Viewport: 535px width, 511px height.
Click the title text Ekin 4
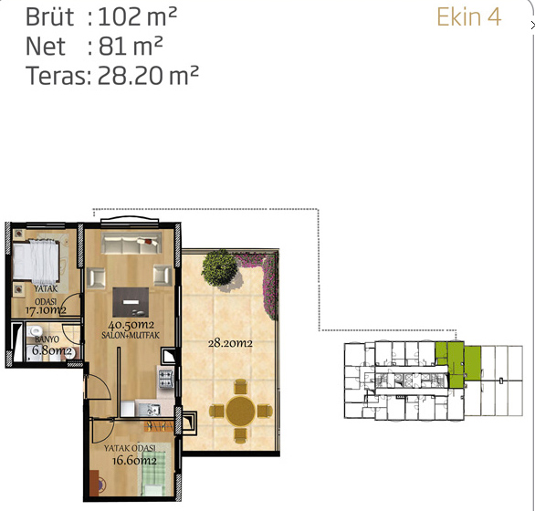[x=468, y=17]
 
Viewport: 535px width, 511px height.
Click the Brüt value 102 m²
[x=138, y=17]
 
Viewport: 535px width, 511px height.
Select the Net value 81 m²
[x=131, y=46]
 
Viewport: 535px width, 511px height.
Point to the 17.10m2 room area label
[x=46, y=310]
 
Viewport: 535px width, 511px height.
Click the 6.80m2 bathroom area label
[x=52, y=350]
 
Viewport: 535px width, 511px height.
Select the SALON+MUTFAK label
[x=131, y=335]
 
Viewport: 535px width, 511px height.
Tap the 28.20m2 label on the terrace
[x=230, y=343]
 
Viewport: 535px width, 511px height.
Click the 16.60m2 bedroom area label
[x=134, y=461]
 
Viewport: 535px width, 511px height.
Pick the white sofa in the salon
[x=131, y=243]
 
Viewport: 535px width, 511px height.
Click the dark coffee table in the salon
[x=131, y=302]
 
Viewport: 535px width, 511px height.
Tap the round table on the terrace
[x=240, y=411]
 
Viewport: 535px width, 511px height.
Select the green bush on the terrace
[x=219, y=267]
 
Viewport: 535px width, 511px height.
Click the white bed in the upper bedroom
[x=36, y=261]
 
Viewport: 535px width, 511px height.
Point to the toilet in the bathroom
[x=35, y=329]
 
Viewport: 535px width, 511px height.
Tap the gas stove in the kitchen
[x=166, y=379]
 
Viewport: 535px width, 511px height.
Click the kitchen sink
[x=153, y=409]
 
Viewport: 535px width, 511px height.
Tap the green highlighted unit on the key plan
[x=457, y=364]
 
